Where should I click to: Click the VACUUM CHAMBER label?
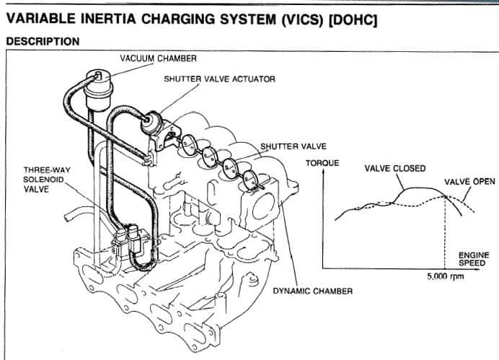(x=158, y=58)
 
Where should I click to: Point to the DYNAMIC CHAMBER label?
(x=312, y=291)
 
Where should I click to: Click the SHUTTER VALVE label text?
(x=289, y=146)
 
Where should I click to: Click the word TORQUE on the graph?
(x=322, y=163)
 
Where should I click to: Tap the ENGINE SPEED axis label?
(x=473, y=259)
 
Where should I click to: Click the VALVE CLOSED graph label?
(x=395, y=169)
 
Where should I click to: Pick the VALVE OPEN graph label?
(x=469, y=182)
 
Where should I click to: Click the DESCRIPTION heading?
(x=43, y=42)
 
